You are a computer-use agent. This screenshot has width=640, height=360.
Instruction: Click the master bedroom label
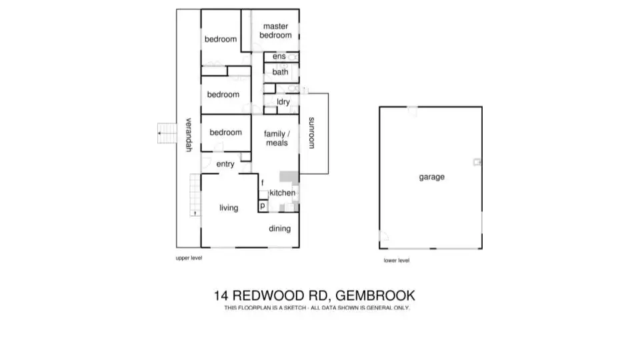point(275,31)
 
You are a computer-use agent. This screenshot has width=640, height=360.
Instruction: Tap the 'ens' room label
point(279,57)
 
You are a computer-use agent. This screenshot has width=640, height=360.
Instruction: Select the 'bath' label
point(280,72)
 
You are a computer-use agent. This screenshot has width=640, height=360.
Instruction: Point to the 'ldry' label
point(283,102)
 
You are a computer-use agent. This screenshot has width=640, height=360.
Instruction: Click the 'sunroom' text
point(311,133)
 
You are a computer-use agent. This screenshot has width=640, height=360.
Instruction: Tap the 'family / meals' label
point(277,138)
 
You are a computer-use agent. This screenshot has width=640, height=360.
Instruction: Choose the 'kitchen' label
point(283,193)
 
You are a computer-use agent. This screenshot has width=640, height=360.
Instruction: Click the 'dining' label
point(280,229)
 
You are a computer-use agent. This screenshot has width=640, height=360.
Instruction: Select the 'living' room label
point(229,208)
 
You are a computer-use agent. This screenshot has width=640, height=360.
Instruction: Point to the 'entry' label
point(225,164)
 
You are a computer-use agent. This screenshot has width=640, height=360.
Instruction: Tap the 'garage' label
point(431,177)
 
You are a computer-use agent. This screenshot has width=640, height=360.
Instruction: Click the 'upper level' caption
point(189,257)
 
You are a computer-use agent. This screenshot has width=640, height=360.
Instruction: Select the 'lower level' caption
point(397,261)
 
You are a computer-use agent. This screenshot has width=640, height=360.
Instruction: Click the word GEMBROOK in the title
point(375,295)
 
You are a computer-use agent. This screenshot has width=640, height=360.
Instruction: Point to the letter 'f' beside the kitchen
point(263,183)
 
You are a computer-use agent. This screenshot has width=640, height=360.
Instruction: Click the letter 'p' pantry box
point(263,207)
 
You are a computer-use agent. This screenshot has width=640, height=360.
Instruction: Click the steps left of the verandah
point(165,133)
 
